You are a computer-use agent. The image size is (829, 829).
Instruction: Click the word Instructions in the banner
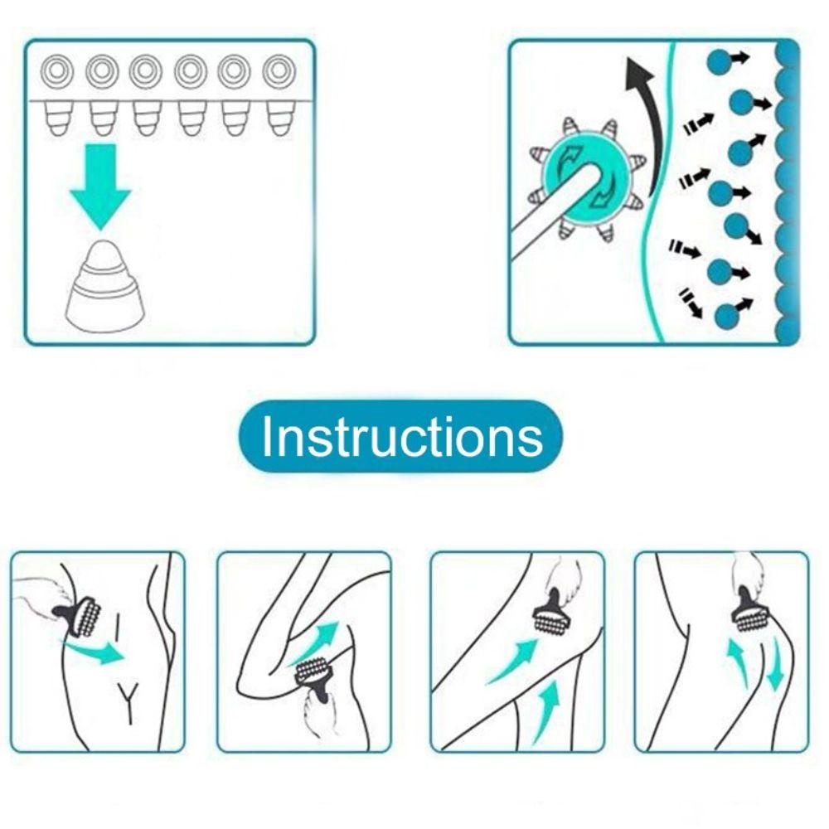tap(402, 436)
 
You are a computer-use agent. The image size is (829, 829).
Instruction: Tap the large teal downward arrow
tap(100, 186)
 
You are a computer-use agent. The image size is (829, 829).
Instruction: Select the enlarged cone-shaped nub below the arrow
tap(104, 286)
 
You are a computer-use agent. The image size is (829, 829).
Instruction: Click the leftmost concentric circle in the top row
tap(58, 70)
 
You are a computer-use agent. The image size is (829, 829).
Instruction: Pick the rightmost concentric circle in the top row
tap(279, 70)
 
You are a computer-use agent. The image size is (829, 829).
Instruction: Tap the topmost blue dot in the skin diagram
tap(720, 61)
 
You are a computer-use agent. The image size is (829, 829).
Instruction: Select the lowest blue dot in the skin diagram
tap(728, 317)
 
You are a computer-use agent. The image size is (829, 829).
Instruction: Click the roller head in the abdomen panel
tap(88, 617)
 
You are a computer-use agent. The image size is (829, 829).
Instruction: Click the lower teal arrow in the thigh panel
tap(546, 712)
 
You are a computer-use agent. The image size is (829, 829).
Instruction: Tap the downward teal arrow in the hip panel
tap(775, 664)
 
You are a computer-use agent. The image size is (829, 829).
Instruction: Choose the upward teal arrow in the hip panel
tap(737, 664)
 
